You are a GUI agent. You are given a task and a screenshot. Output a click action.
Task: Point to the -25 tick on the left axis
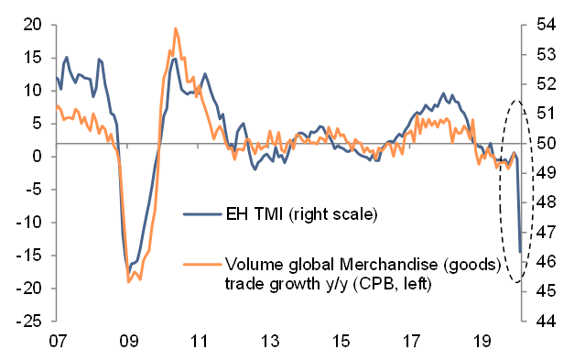(31, 322)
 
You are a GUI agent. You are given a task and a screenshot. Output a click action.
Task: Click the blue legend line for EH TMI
(201, 215)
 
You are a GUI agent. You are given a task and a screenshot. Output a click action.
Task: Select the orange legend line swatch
(201, 265)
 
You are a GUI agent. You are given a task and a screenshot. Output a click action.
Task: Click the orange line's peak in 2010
(175, 28)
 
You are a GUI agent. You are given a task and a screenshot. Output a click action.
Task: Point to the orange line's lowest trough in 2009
(128, 281)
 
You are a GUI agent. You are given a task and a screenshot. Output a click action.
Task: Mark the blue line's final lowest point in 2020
(520, 252)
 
